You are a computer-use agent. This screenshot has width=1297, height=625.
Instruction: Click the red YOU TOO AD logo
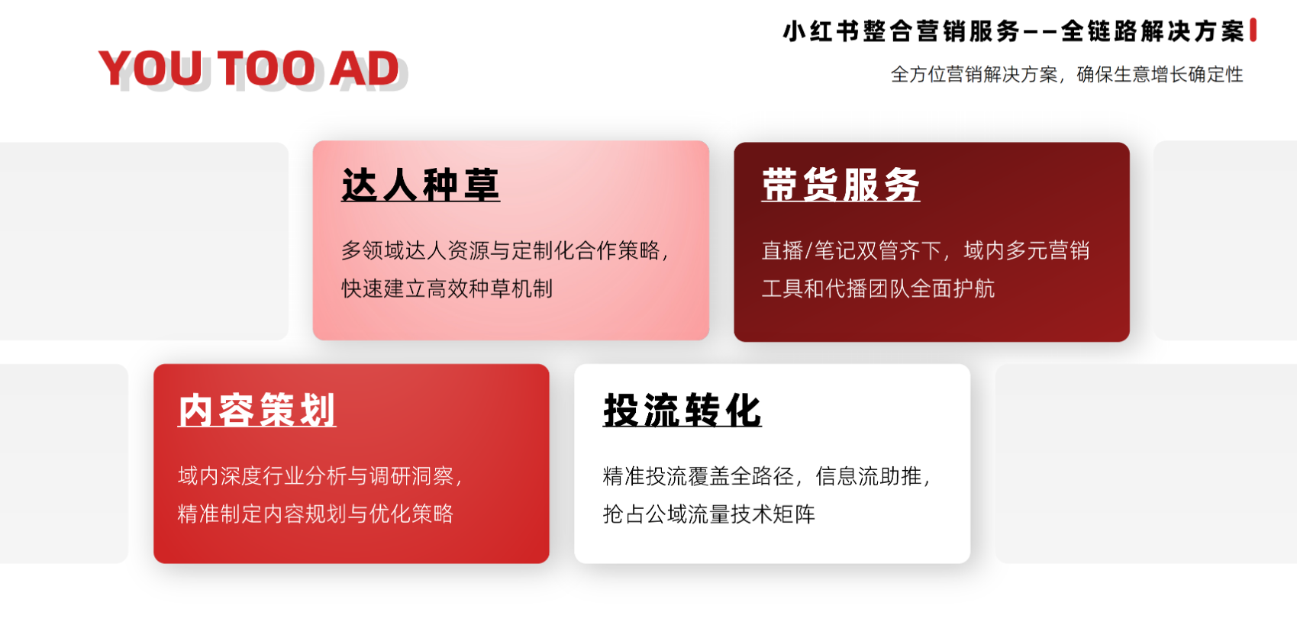click(249, 68)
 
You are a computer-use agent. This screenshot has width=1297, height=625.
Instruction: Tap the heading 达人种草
click(421, 185)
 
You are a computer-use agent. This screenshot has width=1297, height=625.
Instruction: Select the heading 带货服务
click(840, 185)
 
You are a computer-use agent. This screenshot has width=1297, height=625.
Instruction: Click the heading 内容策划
click(257, 411)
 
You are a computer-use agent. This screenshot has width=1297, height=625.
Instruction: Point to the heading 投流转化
click(682, 411)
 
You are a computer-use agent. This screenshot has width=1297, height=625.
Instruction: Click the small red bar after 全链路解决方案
click(1253, 30)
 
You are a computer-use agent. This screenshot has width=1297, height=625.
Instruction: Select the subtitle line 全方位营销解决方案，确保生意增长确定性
click(1066, 75)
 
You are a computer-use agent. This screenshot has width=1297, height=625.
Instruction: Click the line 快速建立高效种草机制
click(447, 288)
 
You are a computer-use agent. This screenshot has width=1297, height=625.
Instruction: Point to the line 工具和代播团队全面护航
click(878, 288)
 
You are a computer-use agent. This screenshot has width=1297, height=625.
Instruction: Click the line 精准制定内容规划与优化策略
click(315, 514)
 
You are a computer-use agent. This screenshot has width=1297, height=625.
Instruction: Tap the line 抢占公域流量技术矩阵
click(708, 514)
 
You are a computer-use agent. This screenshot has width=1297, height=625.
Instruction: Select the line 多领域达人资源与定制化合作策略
click(501, 250)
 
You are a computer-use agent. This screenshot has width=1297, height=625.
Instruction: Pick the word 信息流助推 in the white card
click(868, 475)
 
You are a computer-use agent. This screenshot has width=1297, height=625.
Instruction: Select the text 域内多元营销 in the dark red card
click(1027, 250)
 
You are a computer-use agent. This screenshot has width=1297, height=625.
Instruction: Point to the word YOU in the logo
click(150, 69)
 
